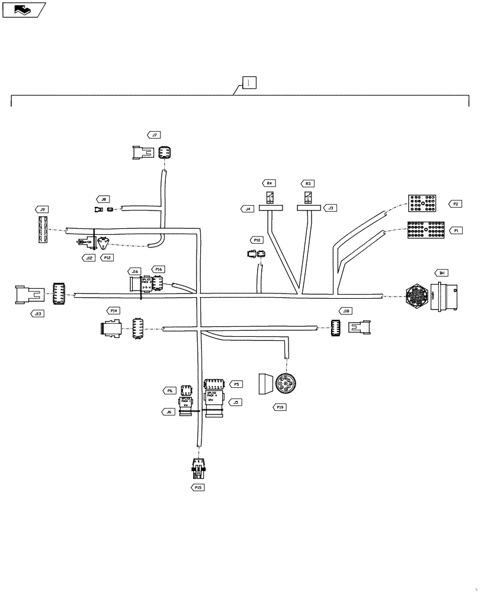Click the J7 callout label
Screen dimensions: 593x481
tap(155, 135)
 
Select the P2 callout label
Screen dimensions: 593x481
tap(455, 204)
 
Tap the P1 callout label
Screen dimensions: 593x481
tap(455, 229)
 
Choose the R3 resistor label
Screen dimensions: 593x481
tap(308, 184)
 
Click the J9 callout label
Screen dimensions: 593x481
tap(42, 209)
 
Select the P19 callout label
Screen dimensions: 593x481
tap(281, 407)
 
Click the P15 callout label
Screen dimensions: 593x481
tap(198, 487)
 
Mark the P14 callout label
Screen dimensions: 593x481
tap(114, 310)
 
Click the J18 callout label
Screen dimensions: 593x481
tap(346, 311)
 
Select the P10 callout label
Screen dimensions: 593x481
tap(257, 240)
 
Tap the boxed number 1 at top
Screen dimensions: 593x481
tap(249, 82)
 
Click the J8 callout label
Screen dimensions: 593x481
tap(104, 200)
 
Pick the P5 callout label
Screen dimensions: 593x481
tap(236, 384)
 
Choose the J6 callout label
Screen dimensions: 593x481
tap(169, 412)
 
